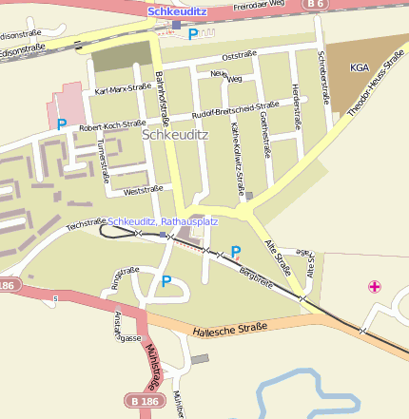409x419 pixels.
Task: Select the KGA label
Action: pyautogui.click(x=359, y=67)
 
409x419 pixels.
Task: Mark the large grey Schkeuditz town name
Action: pyautogui.click(x=174, y=135)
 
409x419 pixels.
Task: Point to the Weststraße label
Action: pyautogui.click(x=131, y=190)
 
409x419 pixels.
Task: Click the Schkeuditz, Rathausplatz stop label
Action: pyautogui.click(x=163, y=221)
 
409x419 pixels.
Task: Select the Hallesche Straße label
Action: pyautogui.click(x=229, y=329)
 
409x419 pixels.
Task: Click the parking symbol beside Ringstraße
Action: pyautogui.click(x=166, y=280)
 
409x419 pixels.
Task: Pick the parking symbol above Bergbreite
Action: pyautogui.click(x=236, y=251)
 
